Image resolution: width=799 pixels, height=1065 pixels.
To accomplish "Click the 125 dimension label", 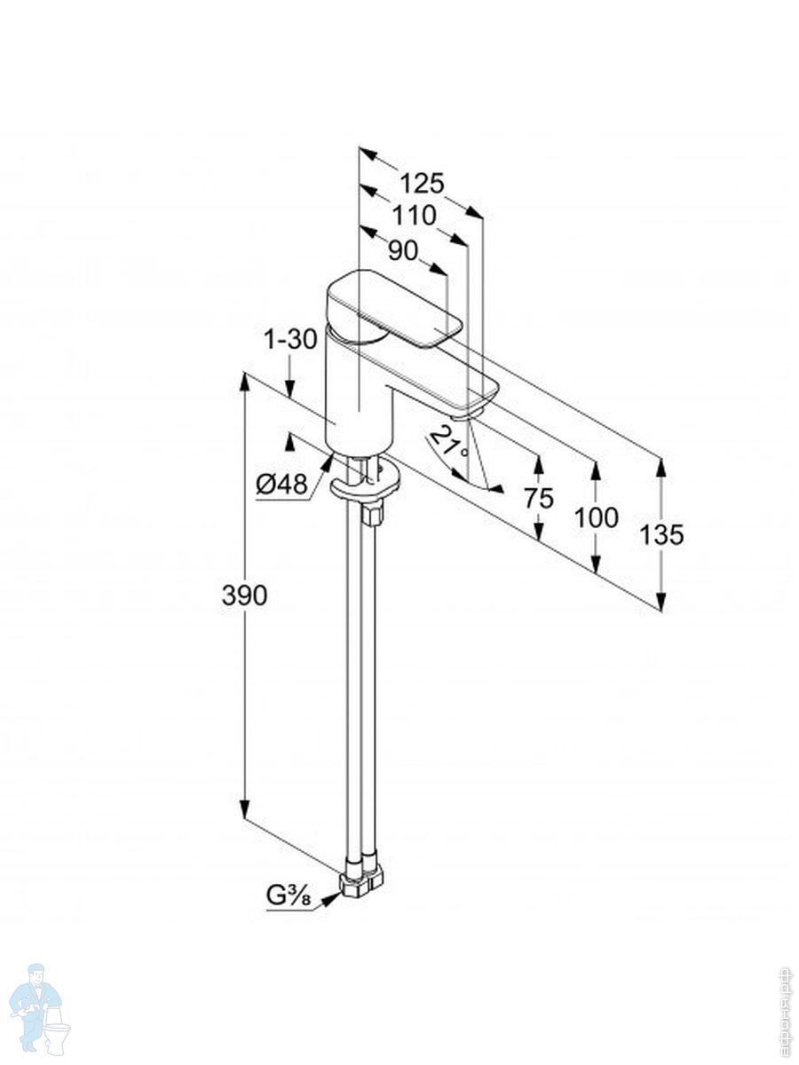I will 421,184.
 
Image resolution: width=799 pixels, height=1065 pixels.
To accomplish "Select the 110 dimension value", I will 415,216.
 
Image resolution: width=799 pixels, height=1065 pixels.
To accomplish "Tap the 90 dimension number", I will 403,251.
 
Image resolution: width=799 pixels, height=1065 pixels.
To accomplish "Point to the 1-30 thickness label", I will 290,339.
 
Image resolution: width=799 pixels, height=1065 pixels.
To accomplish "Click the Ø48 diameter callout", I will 281,484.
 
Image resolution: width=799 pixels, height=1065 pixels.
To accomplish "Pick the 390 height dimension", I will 244,596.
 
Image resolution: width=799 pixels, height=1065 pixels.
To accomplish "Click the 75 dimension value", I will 538,498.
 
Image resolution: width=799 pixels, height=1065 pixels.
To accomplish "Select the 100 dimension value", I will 597,517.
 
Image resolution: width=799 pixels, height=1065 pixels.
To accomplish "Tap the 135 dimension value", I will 661,535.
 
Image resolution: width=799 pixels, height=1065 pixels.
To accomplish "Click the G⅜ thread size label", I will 289,896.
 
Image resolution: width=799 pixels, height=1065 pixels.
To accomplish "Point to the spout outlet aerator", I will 469,411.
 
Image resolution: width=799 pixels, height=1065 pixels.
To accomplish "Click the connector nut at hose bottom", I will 361,880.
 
